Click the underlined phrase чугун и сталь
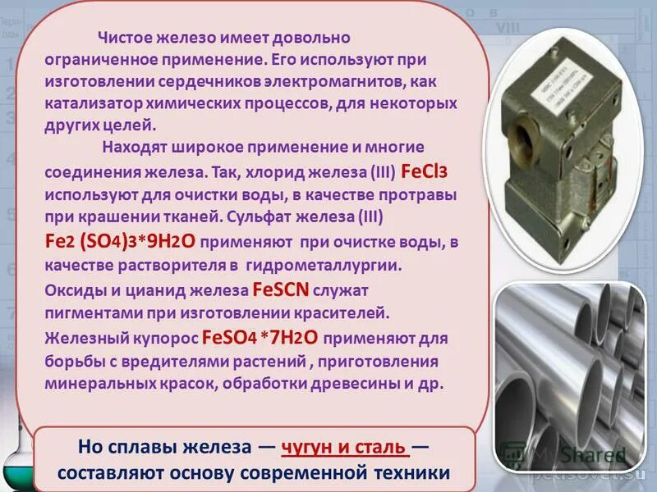coord(344,448)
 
